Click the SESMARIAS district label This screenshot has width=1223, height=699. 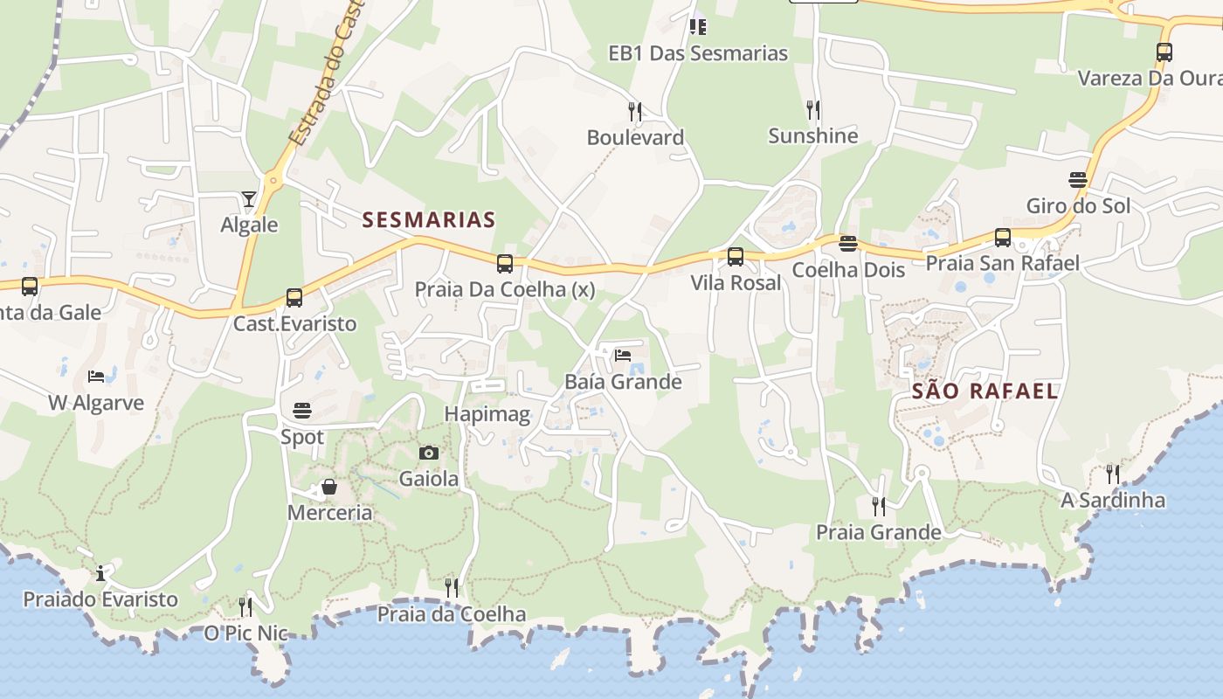(x=429, y=219)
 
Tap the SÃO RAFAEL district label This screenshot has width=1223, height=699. (x=985, y=391)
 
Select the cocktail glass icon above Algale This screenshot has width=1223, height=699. (x=249, y=200)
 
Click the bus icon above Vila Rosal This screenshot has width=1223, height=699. (x=736, y=257)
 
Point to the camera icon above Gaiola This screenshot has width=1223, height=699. (x=428, y=453)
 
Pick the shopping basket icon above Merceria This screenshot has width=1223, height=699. (x=329, y=487)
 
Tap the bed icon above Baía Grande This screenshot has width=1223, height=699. (x=623, y=356)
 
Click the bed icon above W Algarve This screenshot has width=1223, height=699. (x=96, y=377)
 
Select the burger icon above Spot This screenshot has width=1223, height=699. (x=302, y=411)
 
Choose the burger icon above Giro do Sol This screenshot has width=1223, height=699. (x=1078, y=180)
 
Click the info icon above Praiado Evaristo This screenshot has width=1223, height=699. (x=100, y=573)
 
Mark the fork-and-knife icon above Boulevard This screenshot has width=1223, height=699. (x=635, y=111)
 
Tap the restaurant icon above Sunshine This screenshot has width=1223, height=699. (x=813, y=109)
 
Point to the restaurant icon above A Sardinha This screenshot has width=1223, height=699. (x=1113, y=474)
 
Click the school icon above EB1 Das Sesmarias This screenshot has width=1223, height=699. (x=697, y=27)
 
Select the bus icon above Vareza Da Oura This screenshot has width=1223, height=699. (x=1164, y=52)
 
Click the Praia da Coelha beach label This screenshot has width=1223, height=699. (x=452, y=614)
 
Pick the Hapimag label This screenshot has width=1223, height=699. (x=487, y=414)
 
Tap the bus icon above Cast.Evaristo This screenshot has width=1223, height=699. (x=294, y=297)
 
